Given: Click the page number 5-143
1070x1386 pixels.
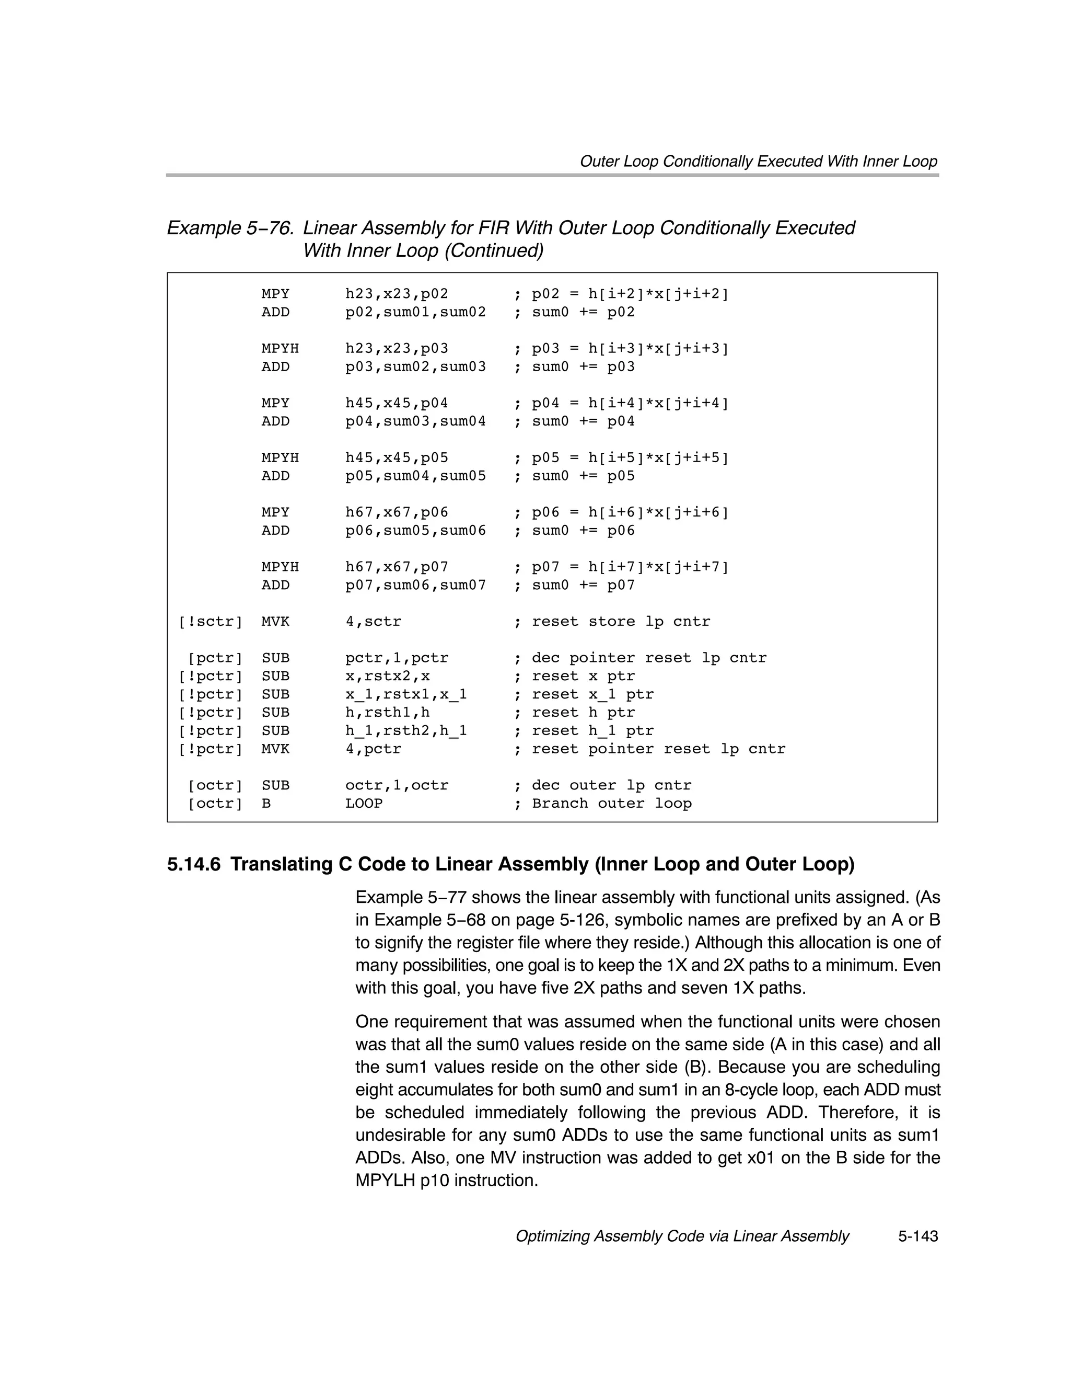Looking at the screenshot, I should pyautogui.click(x=917, y=1236).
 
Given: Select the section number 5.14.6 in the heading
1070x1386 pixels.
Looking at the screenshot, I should pyautogui.click(x=193, y=864).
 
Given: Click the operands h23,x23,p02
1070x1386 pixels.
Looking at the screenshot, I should pyautogui.click(x=397, y=294).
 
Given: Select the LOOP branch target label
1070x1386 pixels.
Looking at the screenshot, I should pyautogui.click(x=364, y=804).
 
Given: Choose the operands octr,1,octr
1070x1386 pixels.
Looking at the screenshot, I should pyautogui.click(x=397, y=785).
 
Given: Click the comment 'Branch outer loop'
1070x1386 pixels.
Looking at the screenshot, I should pyautogui.click(x=611, y=804).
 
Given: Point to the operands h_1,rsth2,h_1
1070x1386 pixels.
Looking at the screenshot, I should pyautogui.click(x=406, y=730).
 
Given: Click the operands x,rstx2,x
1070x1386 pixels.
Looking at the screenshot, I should pyautogui.click(x=387, y=676).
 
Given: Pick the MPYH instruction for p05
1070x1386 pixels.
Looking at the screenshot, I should pyautogui.click(x=280, y=457).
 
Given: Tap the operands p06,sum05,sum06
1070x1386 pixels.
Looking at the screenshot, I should pyautogui.click(x=415, y=531).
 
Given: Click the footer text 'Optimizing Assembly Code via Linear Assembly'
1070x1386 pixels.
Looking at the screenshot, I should pyautogui.click(x=682, y=1236).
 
